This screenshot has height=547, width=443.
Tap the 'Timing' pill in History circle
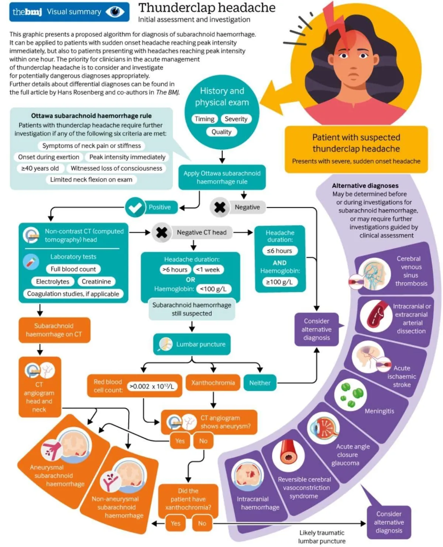205,119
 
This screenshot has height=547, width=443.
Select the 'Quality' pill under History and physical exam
221,132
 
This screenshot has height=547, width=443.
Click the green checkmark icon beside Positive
135,207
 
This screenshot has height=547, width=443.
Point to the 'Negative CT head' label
202,232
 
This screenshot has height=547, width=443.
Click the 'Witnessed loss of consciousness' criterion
116,168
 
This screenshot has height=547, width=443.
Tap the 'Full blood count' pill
73,269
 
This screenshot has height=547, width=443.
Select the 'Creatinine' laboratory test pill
96,281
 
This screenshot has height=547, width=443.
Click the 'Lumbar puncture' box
192,344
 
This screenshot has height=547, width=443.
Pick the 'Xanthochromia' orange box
213,383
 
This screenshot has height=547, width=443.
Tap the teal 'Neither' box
260,383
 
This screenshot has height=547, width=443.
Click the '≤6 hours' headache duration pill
279,251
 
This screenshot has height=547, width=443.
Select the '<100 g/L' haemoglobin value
213,289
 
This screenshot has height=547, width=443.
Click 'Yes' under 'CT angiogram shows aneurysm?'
180,441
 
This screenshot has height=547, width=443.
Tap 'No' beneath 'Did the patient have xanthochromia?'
202,523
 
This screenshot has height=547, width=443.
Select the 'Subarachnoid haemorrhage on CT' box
54,330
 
